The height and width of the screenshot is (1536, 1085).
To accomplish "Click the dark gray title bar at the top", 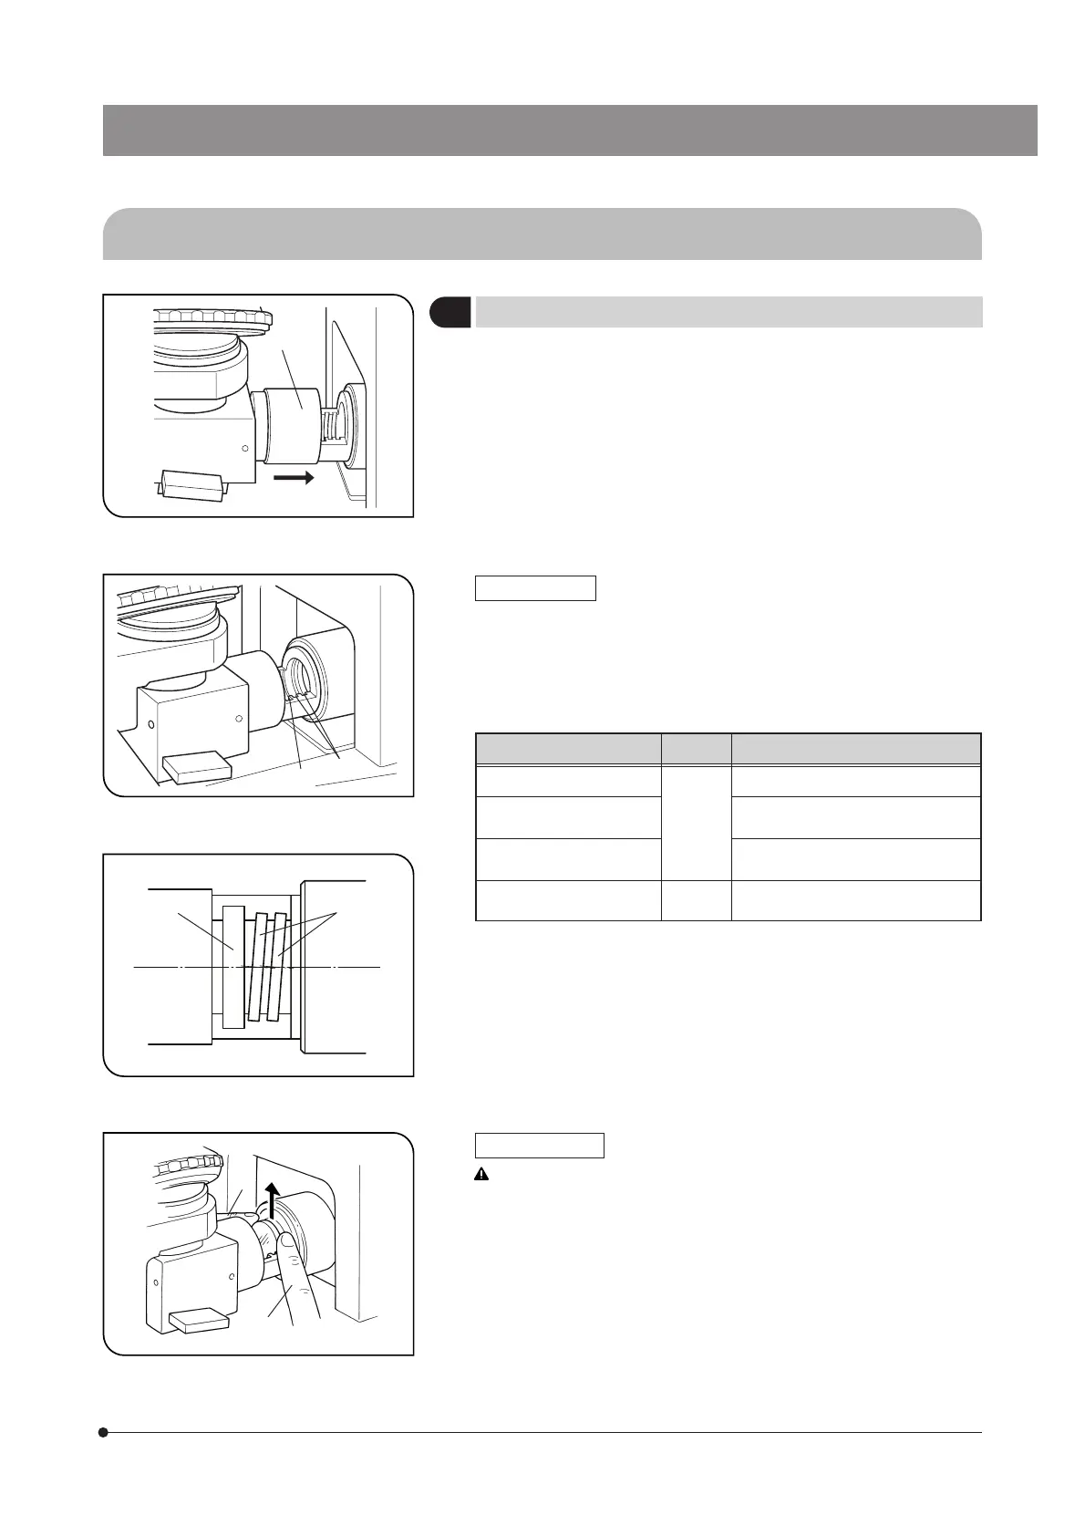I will point(570,130).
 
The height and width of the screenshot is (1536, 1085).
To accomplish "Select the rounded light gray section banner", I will point(542,234).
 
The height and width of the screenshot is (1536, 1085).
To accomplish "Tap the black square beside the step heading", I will point(449,312).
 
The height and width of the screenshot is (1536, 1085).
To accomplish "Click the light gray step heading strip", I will point(728,312).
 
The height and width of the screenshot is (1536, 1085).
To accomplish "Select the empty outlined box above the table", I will point(535,588).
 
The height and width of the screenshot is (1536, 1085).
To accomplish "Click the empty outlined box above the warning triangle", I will point(539,1146).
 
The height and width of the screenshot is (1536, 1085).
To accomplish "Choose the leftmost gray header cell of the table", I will point(568,749).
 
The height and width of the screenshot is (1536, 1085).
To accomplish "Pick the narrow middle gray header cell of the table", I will point(696,749).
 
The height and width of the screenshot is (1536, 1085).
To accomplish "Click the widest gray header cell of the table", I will point(856,749).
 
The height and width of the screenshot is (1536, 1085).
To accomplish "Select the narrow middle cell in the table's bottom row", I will point(696,901).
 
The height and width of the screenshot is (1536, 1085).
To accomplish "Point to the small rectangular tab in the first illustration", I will point(191,485).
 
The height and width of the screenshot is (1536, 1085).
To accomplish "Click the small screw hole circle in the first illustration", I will point(244,448).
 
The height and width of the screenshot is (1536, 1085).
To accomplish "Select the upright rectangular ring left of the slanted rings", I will point(233,966).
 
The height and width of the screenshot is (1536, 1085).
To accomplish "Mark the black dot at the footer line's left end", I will point(104,1432).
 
